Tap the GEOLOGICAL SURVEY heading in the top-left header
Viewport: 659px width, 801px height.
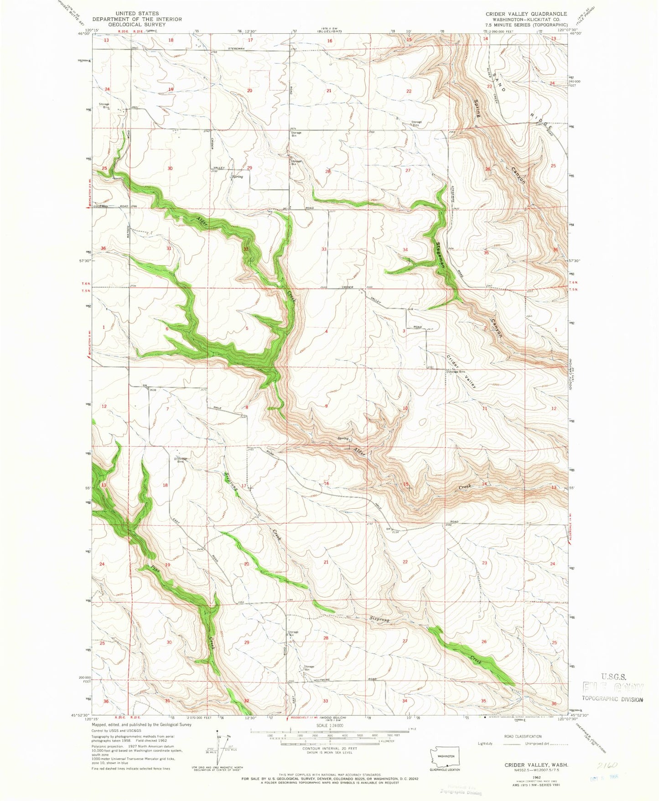point(137,25)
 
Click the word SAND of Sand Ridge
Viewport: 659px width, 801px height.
point(496,83)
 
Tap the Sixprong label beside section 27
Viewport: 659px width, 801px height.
point(379,620)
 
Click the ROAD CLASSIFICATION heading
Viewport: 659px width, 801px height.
point(522,736)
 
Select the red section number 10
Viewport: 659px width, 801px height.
point(405,408)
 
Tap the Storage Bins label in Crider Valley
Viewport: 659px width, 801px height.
point(457,372)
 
